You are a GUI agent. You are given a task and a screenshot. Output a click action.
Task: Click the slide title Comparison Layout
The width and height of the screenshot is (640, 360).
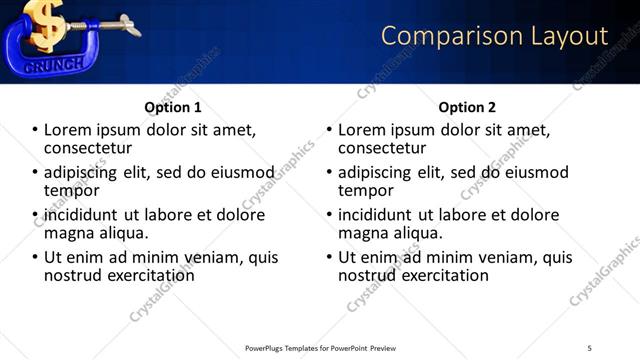[x=494, y=36]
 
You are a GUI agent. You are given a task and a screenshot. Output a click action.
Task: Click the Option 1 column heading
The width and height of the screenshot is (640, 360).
[x=173, y=107]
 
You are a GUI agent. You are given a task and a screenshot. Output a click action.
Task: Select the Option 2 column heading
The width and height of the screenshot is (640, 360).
[x=467, y=107]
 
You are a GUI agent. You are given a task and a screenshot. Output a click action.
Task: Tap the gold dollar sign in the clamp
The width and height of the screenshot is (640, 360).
[x=46, y=23]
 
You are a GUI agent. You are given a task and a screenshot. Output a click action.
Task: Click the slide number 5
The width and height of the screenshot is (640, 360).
[x=589, y=347]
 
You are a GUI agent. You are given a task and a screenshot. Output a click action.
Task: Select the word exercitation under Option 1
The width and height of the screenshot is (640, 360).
[x=144, y=275]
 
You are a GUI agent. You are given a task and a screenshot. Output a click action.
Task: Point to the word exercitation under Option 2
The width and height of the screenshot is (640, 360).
[x=438, y=275]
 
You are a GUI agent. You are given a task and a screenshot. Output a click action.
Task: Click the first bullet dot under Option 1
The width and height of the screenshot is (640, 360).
[x=34, y=131]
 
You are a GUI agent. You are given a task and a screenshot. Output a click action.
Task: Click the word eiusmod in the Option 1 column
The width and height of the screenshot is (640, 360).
[x=238, y=173]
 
